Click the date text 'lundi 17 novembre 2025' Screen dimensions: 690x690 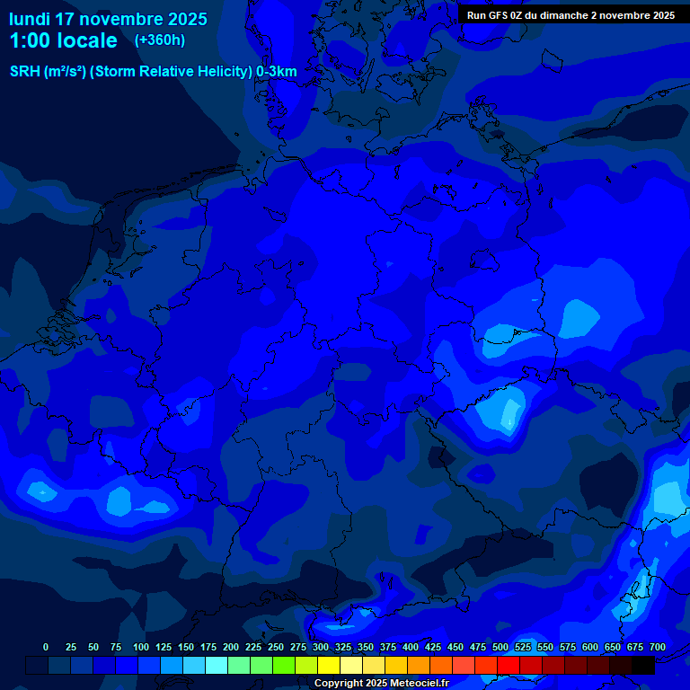click(108, 19)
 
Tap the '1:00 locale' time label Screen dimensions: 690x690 click(63, 41)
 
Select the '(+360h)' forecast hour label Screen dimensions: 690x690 click(160, 40)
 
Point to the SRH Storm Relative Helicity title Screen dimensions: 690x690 click(153, 72)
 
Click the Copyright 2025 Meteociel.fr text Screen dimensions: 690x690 click(381, 684)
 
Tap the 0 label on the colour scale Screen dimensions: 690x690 click(46, 648)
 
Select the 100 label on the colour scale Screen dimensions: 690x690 click(141, 648)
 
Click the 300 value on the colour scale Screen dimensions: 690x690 click(321, 648)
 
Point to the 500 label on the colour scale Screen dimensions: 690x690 click(500, 648)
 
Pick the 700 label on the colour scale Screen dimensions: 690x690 click(658, 648)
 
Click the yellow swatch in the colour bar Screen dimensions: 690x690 click(329, 665)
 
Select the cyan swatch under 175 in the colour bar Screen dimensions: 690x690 click(217, 665)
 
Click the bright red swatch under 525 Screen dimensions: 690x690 click(509, 665)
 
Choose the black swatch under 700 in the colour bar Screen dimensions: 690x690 click(643, 665)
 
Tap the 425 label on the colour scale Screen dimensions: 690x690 click(433, 648)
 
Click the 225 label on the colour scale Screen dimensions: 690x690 click(253, 648)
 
